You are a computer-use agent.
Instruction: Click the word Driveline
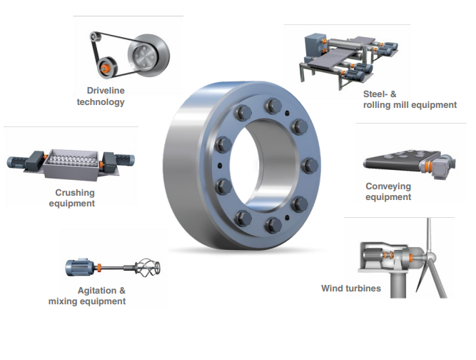click(106, 91)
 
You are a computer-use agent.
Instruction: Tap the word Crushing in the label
click(75, 193)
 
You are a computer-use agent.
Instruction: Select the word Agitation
click(97, 291)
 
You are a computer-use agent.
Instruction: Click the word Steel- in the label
click(375, 94)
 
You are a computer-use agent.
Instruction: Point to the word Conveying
click(388, 186)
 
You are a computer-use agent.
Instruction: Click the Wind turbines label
click(351, 289)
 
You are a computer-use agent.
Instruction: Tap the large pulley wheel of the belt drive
click(148, 55)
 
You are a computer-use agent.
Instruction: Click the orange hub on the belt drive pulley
click(105, 68)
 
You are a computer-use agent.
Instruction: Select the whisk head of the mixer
click(147, 267)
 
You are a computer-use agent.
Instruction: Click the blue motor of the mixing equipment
click(80, 267)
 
